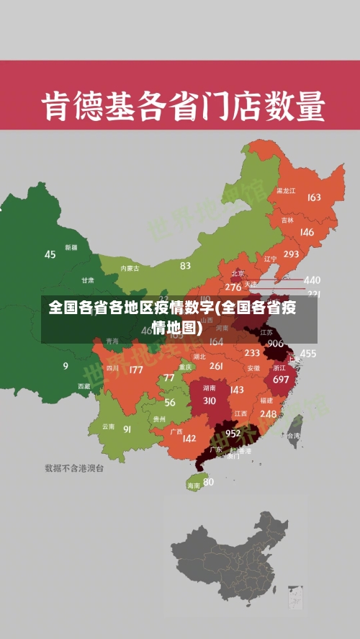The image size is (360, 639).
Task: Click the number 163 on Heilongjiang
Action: [314, 197]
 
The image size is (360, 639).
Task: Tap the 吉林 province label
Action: [287, 220]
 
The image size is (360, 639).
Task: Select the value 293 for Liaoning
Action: [291, 254]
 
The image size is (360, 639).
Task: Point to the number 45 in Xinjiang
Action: [50, 254]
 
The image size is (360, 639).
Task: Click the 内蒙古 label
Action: [130, 268]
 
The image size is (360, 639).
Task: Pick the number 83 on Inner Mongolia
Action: [186, 265]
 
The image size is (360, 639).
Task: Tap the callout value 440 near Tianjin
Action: [312, 280]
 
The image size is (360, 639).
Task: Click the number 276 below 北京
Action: [233, 287]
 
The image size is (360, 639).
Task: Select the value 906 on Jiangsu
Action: [275, 344]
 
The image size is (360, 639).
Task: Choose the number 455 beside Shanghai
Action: [308, 353]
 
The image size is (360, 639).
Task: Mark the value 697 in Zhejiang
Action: [281, 379]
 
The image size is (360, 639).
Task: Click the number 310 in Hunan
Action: [210, 401]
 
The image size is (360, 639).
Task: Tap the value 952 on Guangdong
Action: [233, 433]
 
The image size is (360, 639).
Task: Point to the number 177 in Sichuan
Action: [135, 370]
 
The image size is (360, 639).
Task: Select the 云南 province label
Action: [108, 426]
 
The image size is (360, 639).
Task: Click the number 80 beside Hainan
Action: [208, 482]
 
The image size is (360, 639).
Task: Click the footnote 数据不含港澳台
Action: [74, 468]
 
